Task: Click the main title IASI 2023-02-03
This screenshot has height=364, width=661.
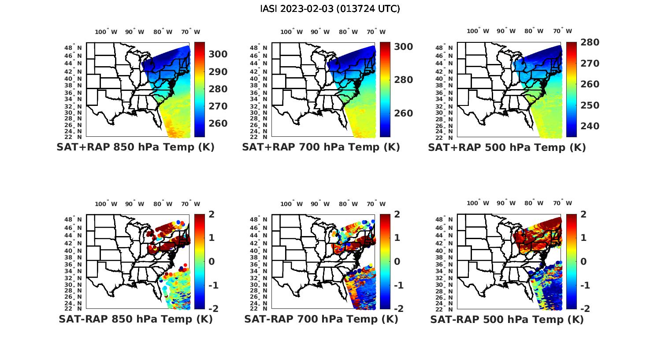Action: point(330,9)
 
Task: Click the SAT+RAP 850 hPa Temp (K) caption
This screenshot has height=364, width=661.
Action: point(135,147)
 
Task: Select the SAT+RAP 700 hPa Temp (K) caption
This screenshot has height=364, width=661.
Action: point(321,147)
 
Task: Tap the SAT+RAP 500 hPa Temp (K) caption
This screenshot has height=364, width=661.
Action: point(507,147)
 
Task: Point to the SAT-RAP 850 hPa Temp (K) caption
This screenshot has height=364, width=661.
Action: point(135,319)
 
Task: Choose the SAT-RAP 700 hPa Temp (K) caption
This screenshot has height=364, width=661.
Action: point(321,319)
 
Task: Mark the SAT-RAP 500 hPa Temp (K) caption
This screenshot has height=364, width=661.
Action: point(507,319)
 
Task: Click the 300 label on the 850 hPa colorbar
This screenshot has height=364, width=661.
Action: point(218,54)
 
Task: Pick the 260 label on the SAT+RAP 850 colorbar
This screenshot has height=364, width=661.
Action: point(218,124)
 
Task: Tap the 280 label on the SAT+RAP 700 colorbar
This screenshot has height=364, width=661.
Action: point(404,80)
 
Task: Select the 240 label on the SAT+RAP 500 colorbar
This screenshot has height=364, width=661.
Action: point(590,126)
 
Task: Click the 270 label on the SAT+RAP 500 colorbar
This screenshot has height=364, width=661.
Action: point(590,64)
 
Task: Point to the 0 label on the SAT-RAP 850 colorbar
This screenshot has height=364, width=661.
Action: point(212,261)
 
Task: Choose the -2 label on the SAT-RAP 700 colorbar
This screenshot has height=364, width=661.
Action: point(395,309)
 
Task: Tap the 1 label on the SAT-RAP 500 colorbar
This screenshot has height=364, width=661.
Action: point(583,238)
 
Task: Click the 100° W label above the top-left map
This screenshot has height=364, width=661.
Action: point(106,32)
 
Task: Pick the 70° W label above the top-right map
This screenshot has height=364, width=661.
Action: point(562,31)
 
